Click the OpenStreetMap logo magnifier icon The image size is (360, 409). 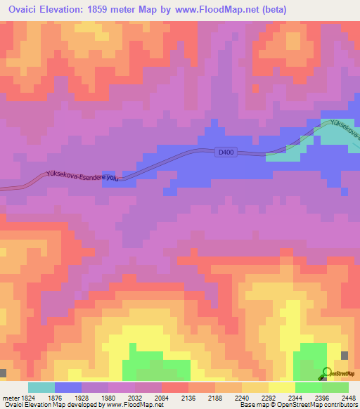326,372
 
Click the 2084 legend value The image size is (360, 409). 162,397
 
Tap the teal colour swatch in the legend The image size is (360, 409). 41,387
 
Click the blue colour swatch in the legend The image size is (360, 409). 68,387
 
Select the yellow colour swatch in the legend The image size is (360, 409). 282,387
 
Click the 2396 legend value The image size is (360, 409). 323,397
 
